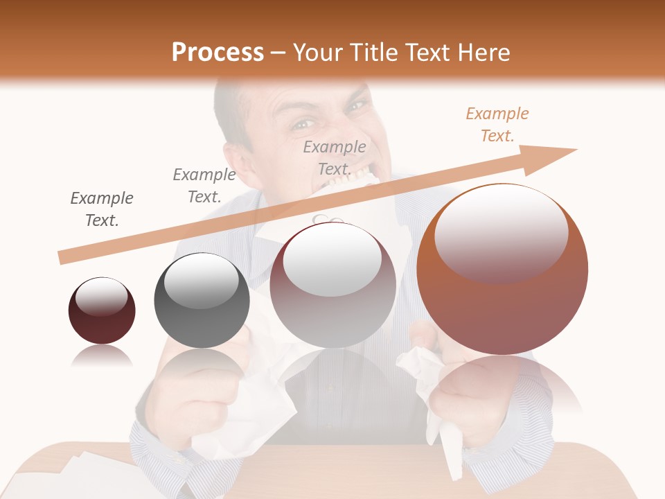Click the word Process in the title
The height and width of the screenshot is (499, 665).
(218, 53)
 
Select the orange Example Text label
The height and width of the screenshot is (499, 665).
(497, 125)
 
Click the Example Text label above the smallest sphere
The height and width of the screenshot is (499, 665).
(102, 209)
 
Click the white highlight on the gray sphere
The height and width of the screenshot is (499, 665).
(201, 281)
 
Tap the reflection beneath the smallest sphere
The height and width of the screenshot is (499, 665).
(102, 356)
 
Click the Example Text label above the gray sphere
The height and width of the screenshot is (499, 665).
(204, 186)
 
